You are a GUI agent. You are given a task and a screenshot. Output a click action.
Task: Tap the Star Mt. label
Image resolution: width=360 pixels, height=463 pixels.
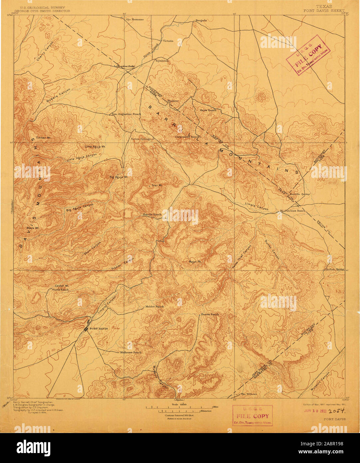coord(157,185)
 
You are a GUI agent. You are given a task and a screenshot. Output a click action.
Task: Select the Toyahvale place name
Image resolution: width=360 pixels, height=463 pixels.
coord(162,61)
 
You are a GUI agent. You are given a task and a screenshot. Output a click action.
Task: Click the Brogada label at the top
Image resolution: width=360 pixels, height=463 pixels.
coord(201,20)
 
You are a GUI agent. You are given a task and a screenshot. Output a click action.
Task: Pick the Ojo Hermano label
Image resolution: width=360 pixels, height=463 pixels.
coord(135,19)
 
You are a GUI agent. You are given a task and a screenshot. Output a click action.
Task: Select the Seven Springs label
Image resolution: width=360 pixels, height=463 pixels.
coord(141,139)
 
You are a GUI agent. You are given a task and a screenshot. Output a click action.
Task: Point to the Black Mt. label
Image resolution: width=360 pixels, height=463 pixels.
coord(33,228)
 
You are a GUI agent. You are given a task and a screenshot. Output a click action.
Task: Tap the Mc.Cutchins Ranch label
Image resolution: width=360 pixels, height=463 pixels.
coord(292,211)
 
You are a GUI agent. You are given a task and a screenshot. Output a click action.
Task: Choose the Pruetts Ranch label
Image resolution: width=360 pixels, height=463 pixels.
coord(209,314)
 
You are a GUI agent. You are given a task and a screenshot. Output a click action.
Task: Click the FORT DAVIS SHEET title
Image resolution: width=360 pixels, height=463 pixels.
coord(324,11)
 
